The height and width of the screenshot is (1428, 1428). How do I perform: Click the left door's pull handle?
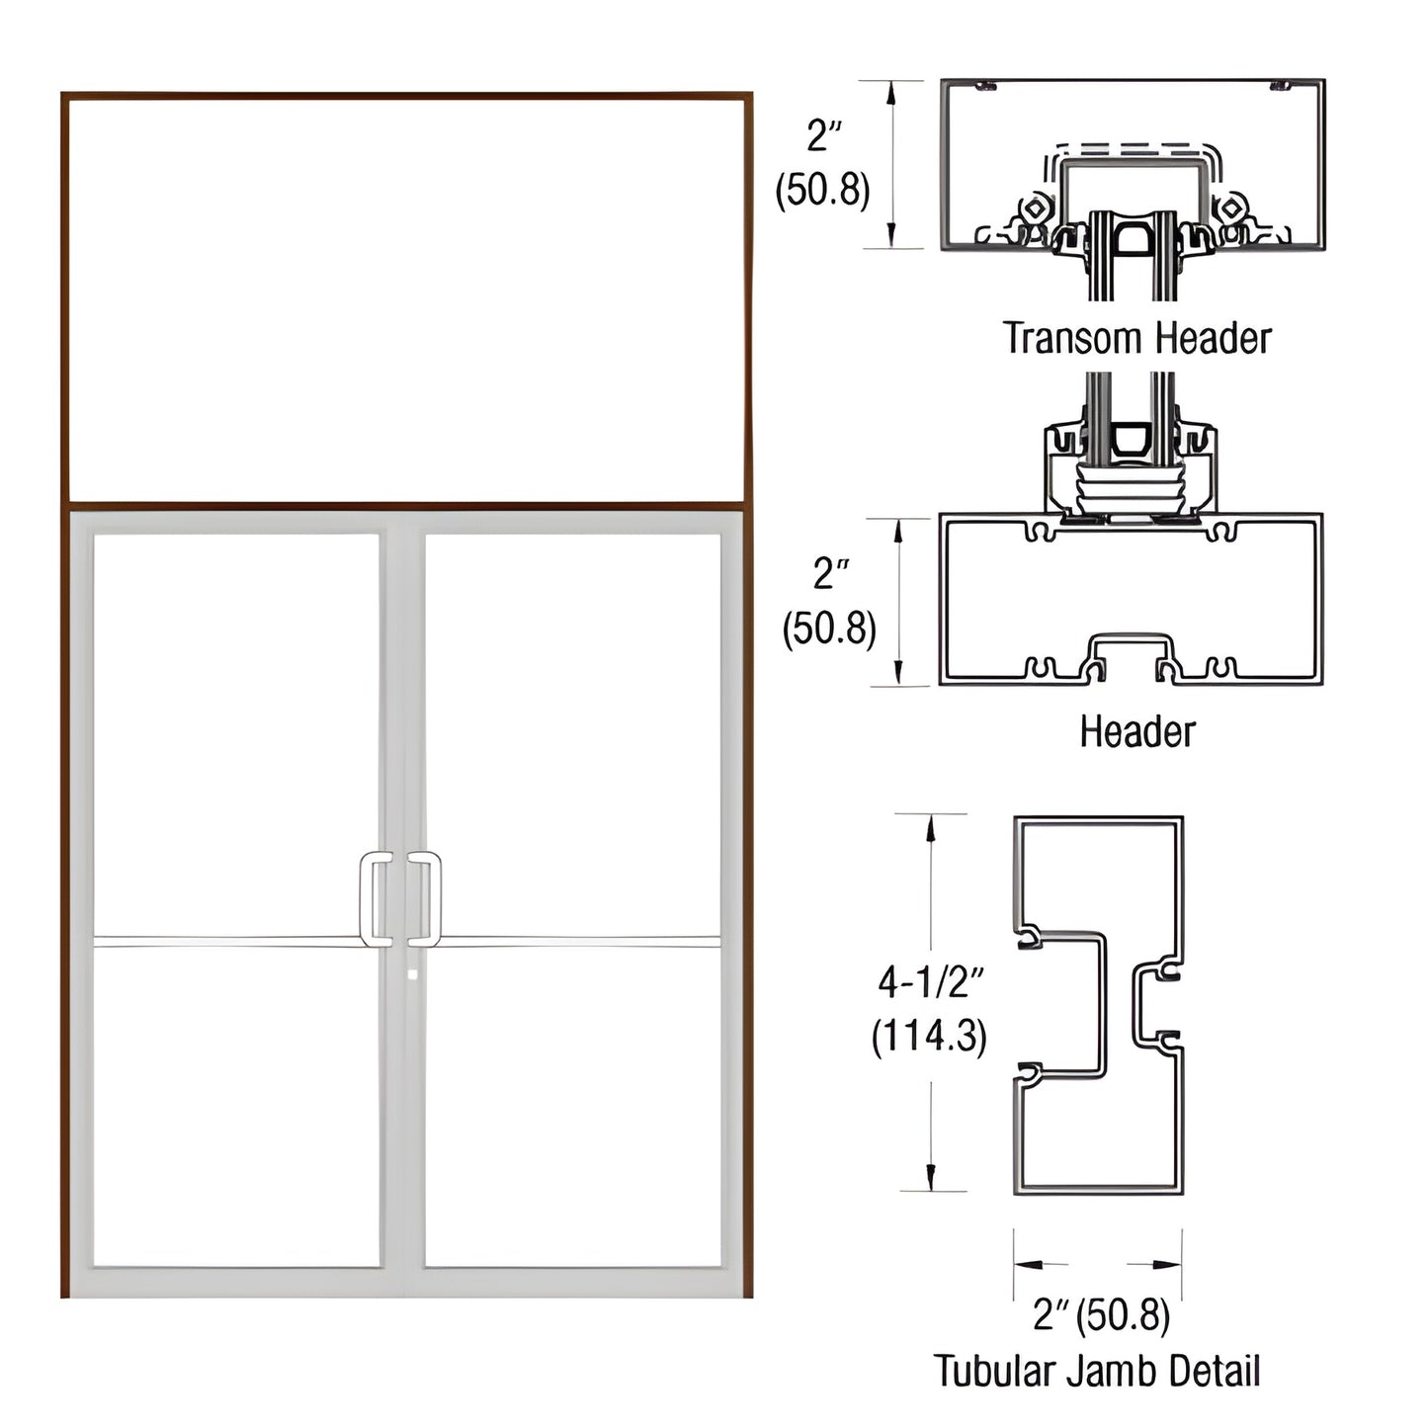tap(374, 898)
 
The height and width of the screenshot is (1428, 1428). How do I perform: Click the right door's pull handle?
tap(427, 898)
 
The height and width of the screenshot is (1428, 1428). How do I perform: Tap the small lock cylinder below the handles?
tap(412, 974)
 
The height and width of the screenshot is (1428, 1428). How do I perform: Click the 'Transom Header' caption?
tap(1136, 338)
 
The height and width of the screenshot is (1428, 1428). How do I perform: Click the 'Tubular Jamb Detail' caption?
tap(1097, 1372)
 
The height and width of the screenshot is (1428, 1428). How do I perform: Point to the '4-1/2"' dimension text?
tap(931, 982)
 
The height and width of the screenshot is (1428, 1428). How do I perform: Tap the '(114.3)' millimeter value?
tap(929, 1036)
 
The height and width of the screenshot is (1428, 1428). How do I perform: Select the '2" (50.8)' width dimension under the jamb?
tap(1101, 1314)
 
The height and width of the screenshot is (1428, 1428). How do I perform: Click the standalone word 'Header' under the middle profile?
tap(1136, 732)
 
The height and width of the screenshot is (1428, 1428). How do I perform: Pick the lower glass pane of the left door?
tap(237, 1107)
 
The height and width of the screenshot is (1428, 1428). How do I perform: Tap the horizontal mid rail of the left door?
tap(227, 942)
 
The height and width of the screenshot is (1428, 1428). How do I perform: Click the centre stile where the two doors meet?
tap(402, 692)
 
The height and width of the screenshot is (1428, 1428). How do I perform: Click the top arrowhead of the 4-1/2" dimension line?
tap(931, 828)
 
